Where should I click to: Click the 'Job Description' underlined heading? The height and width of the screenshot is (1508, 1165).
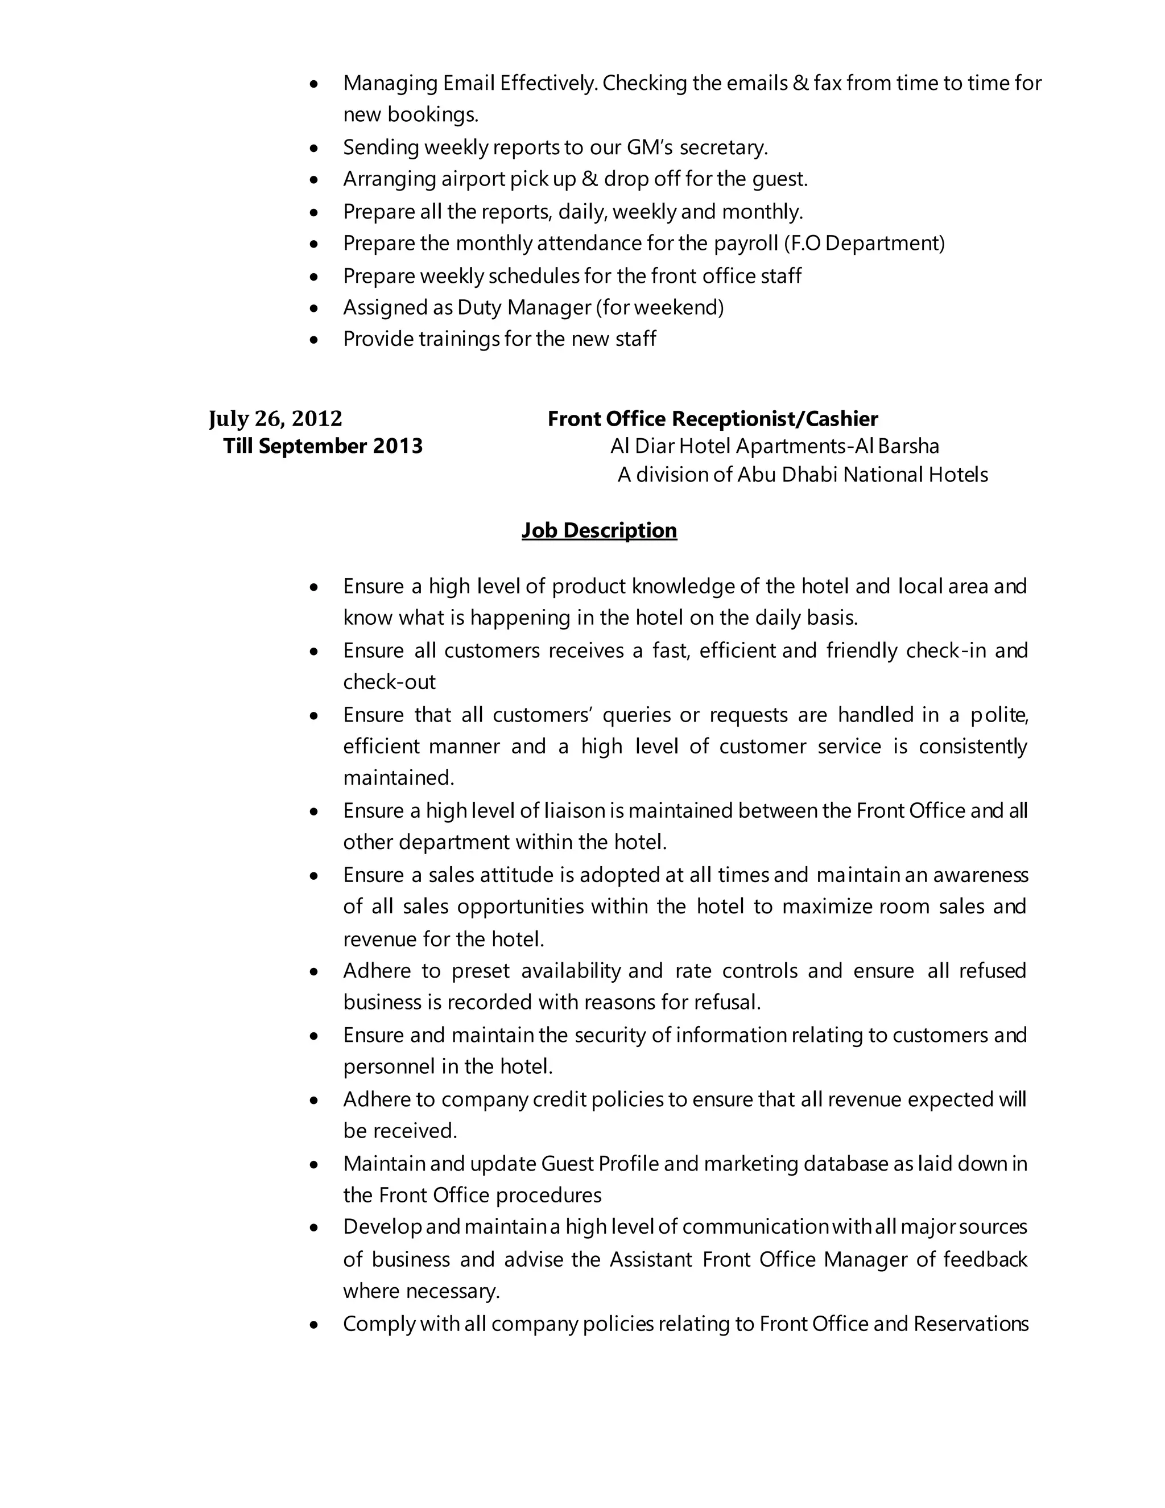point(599,530)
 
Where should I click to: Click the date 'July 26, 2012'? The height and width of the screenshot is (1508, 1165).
point(275,418)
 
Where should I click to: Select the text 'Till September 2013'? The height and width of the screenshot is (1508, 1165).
point(323,446)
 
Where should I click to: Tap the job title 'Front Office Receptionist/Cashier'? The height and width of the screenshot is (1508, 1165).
point(712,419)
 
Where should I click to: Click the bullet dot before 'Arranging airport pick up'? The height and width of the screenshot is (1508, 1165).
point(315,179)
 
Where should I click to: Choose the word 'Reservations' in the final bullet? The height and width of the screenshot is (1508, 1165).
point(970,1324)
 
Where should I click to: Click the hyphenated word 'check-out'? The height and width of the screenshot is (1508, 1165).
point(389,683)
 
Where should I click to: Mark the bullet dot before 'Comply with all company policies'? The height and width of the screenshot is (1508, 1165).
point(315,1325)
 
